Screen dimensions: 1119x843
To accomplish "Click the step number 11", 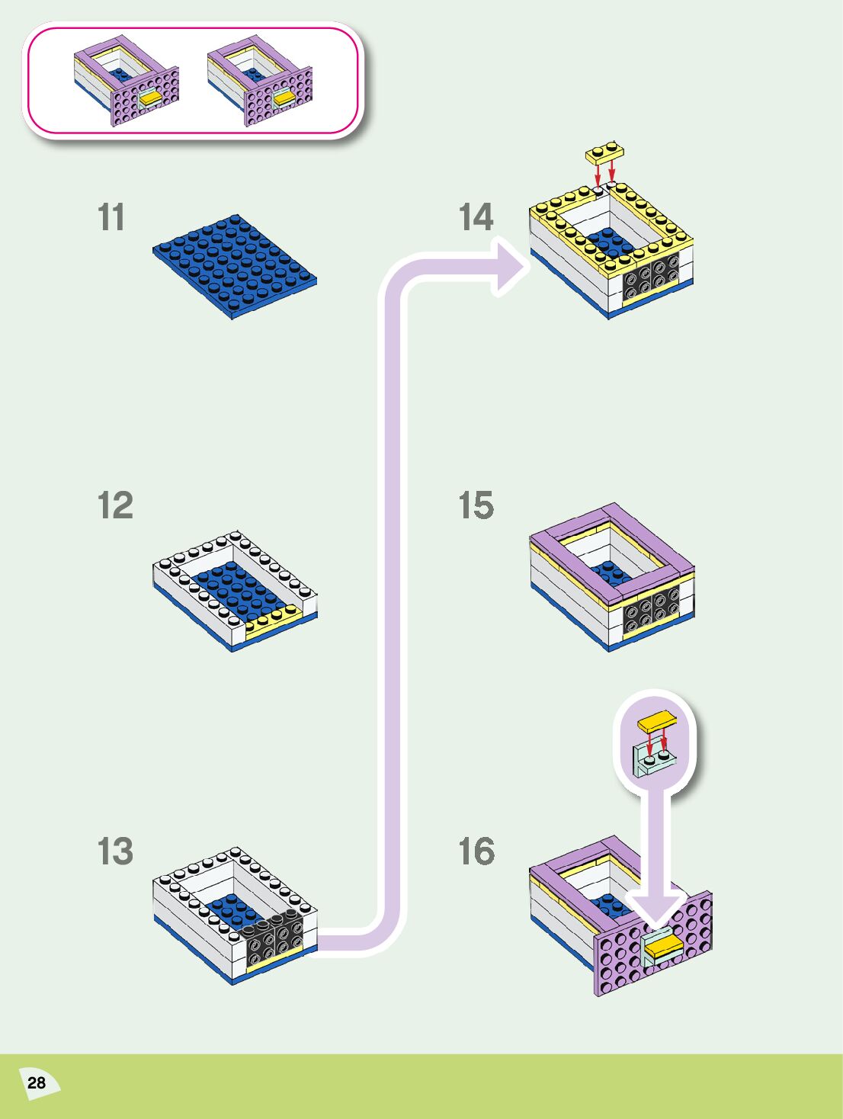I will pos(111,217).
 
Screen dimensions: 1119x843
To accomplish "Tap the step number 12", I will pos(115,505).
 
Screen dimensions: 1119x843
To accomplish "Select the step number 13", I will pos(115,851).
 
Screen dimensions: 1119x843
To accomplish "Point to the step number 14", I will pos(476,217).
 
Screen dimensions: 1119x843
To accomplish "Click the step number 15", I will pos(476,505).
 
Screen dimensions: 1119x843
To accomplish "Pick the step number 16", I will pos(476,851).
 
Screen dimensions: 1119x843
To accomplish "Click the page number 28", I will pos(36,1082).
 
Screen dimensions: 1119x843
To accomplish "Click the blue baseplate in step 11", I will pos(235,265).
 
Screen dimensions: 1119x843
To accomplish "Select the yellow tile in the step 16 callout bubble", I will pos(658,720).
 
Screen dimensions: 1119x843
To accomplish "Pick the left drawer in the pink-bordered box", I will pos(127,81).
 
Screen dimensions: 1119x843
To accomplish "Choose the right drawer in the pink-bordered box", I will pos(261,81).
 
